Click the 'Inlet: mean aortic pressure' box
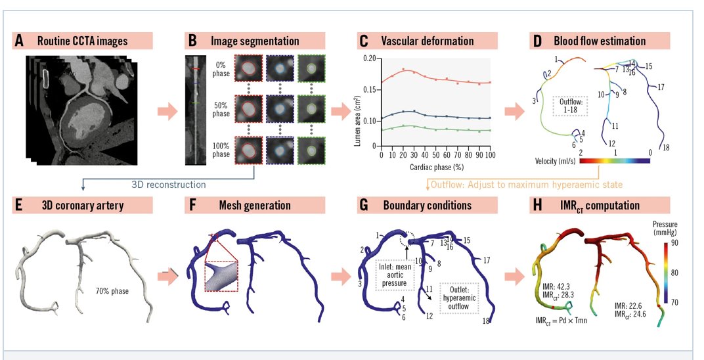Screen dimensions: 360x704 click(x=396, y=275)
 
